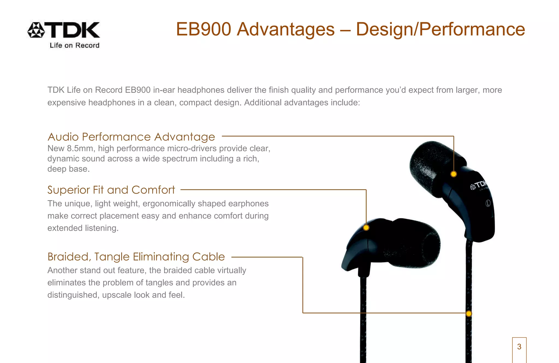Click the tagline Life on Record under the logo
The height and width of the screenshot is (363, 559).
pos(74,46)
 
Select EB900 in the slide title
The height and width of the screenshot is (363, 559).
pos(203,29)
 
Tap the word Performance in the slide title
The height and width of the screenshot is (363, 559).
pos(472,29)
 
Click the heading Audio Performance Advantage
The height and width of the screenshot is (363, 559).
pos(131,137)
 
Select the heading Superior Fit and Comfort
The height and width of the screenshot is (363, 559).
pos(111,190)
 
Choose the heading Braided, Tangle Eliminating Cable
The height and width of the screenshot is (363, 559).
pos(136,257)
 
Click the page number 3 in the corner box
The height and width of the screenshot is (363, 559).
pos(519,347)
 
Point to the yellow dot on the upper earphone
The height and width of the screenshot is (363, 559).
pos(454,174)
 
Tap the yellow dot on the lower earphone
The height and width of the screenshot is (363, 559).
pos(366,227)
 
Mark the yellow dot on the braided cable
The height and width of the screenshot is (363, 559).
pos(469,314)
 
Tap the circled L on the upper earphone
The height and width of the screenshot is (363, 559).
pos(488,203)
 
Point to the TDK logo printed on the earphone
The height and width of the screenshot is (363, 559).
pos(479,186)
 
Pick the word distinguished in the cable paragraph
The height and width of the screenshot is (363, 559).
pos(73,295)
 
